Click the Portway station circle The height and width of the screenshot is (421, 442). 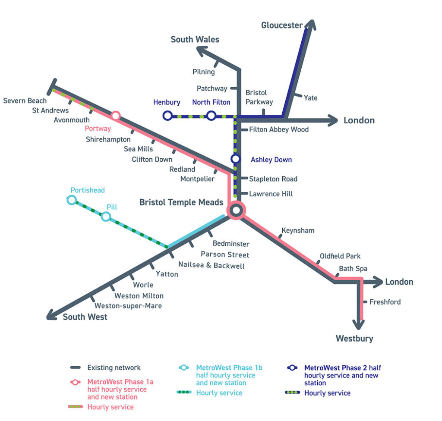coord(116,116)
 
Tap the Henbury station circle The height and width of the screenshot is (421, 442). coord(167,116)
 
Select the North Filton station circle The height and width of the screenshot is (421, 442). coord(211,116)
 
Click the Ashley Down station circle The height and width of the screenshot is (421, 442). coord(235,159)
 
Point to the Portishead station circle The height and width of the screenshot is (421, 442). coord(72,200)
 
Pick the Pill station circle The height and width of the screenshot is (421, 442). coord(106,217)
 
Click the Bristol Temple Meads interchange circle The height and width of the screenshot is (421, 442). coord(236,210)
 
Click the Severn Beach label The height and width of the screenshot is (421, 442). coord(25,101)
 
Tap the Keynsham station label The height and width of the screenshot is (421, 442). coord(298,231)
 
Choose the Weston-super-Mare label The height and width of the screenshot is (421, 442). coord(128,306)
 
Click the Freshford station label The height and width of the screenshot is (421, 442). coord(385,302)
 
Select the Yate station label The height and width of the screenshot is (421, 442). coord(310,98)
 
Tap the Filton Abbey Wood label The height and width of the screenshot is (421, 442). coord(279,129)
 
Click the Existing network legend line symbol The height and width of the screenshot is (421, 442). coord(76,368)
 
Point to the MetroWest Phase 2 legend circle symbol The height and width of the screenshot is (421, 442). coord(292,368)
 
